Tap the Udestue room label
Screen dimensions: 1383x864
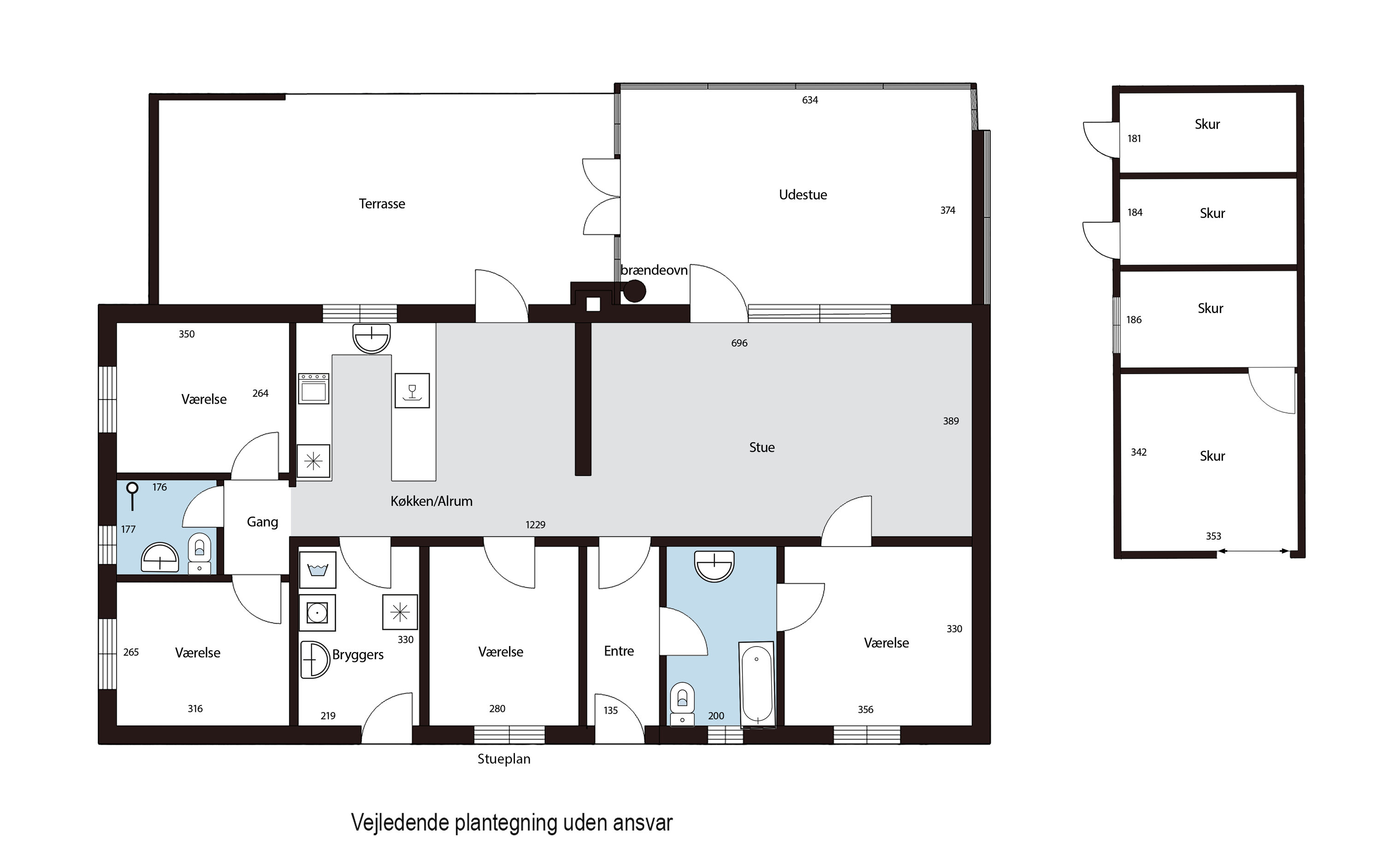(x=803, y=194)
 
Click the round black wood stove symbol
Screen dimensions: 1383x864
(x=634, y=291)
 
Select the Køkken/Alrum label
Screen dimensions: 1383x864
(x=431, y=501)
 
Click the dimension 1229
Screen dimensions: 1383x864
(x=536, y=524)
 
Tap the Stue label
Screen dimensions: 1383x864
(x=762, y=447)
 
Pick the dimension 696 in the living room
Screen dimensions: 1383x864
(x=739, y=343)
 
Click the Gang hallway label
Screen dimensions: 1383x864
(x=262, y=522)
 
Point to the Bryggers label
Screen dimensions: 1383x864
(x=358, y=655)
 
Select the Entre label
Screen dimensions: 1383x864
(x=619, y=651)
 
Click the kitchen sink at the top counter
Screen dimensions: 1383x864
(x=372, y=338)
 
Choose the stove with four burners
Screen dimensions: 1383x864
(x=313, y=388)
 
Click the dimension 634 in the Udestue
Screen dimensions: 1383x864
(x=810, y=100)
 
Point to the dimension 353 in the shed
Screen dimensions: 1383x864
(x=1213, y=536)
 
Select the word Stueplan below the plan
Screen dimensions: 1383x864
(x=504, y=759)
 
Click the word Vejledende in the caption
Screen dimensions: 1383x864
(x=400, y=823)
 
